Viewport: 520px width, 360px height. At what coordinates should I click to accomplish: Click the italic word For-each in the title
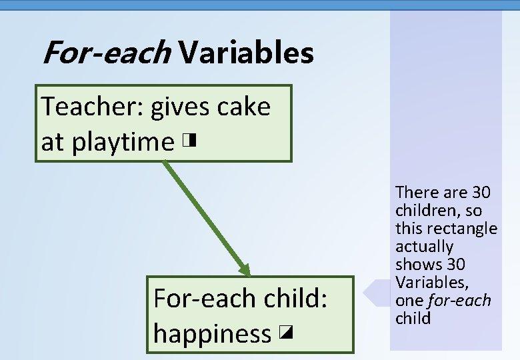[106, 53]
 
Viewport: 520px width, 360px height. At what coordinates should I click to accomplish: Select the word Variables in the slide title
[246, 53]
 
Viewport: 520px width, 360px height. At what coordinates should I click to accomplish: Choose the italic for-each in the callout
[459, 301]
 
